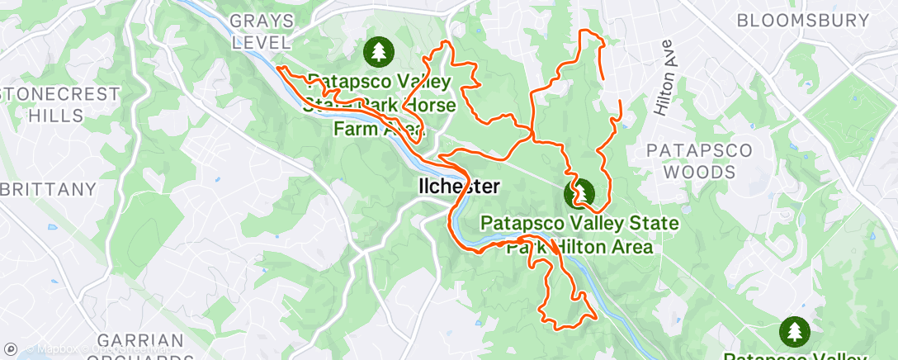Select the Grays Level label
pyautogui.click(x=262, y=31)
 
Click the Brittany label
pyautogui.click(x=48, y=189)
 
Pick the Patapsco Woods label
pyautogui.click(x=699, y=161)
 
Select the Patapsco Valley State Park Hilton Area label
pyautogui.click(x=579, y=234)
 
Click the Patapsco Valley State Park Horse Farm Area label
pyautogui.click(x=378, y=105)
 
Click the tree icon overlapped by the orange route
pyautogui.click(x=579, y=194)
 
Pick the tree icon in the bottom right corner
pyautogui.click(x=796, y=332)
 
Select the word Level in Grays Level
pyautogui.click(x=262, y=42)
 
